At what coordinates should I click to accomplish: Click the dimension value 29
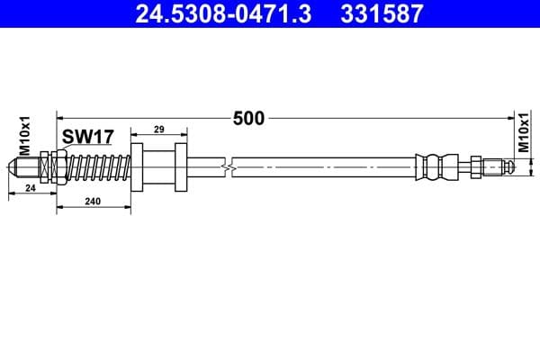pos(158,130)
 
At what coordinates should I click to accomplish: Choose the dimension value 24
pos(30,188)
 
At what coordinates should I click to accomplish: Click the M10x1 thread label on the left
pos(25,136)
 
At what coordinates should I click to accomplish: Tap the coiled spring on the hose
pos(99,166)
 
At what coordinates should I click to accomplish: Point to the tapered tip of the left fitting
pos(14,166)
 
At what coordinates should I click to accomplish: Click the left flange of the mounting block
pos(138,166)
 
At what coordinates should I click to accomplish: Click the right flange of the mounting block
pos(181,166)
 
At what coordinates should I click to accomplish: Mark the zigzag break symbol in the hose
pos(232,166)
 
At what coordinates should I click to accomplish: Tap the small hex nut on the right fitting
pos(474,166)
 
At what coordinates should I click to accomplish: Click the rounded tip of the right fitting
pos(508,166)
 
